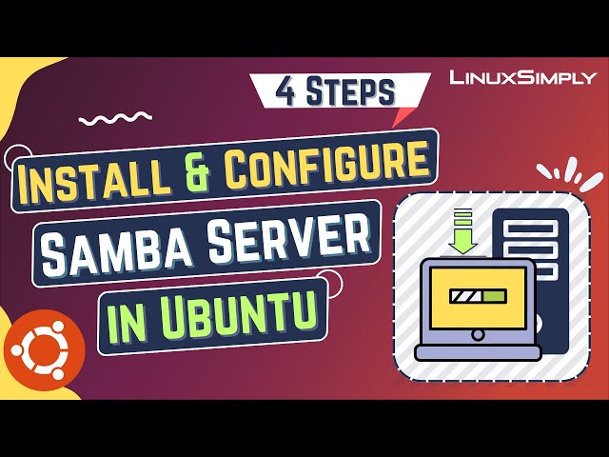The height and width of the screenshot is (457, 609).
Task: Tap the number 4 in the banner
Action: [x=285, y=91]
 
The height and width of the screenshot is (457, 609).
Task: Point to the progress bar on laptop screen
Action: [x=481, y=298]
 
